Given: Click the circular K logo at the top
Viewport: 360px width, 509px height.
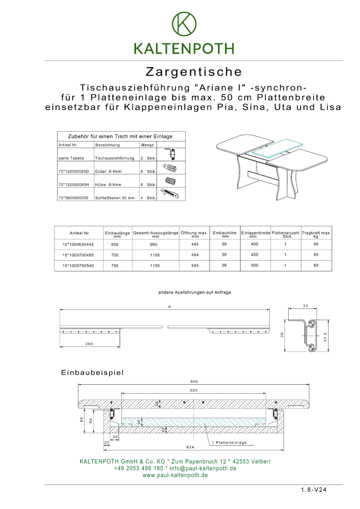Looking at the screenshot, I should (184, 23).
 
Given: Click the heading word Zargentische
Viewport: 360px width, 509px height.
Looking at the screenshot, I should (194, 72).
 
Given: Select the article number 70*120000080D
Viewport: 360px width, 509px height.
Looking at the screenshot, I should (74, 172).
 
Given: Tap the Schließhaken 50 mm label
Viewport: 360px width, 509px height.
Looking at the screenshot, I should (114, 198).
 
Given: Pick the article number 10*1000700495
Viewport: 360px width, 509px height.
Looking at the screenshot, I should (78, 255).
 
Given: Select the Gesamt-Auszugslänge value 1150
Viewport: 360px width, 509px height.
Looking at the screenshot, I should (155, 266).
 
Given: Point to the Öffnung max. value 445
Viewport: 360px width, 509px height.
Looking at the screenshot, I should (195, 244).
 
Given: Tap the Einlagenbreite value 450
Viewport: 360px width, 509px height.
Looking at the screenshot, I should (254, 255).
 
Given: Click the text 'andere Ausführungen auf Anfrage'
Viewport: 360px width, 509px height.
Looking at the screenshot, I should (195, 292).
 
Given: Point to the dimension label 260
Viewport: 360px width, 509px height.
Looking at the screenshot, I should (89, 344).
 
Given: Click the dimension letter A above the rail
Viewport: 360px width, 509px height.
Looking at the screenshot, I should (169, 307).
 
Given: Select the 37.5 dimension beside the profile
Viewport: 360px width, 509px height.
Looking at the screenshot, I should (325, 337).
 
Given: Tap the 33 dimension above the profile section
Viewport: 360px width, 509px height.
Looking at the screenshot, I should (305, 306).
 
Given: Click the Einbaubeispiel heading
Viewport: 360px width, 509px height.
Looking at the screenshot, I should (92, 373).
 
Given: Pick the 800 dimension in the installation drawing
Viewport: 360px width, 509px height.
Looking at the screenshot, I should (194, 382).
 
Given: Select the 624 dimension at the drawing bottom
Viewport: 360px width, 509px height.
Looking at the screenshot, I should (190, 447).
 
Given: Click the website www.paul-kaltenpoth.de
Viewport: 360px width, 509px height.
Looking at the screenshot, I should (175, 475).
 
